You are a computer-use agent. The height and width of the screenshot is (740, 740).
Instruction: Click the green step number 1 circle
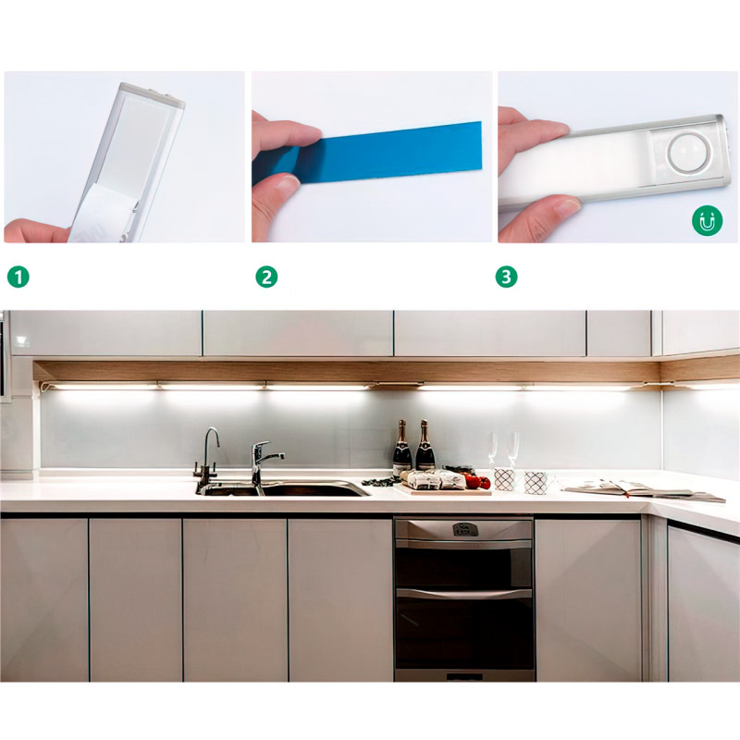coord(18,277)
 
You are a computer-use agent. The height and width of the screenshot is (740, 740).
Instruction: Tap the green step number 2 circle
coord(266,277)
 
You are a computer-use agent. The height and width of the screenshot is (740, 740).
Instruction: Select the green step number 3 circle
coord(506,277)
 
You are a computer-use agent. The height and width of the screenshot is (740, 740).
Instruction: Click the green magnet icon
coord(707,220)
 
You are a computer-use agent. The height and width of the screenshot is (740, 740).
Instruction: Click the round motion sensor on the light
coord(689,153)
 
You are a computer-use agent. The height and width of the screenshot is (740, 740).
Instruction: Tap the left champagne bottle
coord(402,449)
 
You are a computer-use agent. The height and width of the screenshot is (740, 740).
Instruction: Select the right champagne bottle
coord(425,446)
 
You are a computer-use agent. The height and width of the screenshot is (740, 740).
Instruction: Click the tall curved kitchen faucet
coord(207,457)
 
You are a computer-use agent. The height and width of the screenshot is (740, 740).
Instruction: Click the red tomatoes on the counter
coord(477,481)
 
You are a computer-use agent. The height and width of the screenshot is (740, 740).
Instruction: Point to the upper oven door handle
coord(463,544)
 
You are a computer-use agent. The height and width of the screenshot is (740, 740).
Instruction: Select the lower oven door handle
coord(463,594)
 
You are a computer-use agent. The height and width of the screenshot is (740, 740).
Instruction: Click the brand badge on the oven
coord(465,529)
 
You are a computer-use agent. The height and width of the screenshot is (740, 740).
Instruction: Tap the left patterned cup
coord(504,479)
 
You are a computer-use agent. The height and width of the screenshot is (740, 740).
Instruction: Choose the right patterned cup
coord(536,483)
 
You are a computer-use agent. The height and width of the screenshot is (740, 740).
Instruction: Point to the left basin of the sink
coord(228,490)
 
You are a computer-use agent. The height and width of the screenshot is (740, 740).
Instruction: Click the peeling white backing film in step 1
coord(102,214)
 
